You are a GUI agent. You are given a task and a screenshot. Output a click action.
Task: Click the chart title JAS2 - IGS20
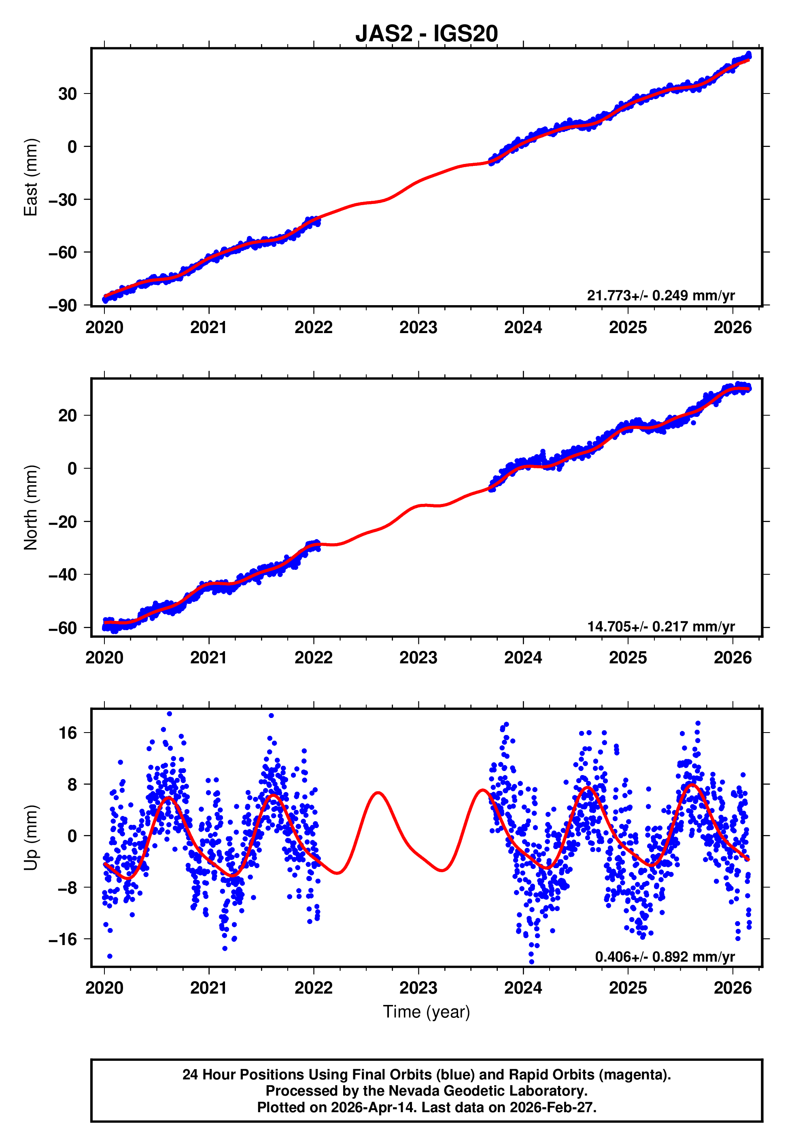pyautogui.click(x=427, y=34)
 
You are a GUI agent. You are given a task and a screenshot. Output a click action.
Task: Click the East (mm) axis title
pyautogui.click(x=31, y=177)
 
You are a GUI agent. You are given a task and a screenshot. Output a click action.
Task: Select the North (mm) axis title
pyautogui.click(x=31, y=508)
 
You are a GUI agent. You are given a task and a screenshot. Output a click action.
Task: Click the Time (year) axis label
pyautogui.click(x=427, y=1012)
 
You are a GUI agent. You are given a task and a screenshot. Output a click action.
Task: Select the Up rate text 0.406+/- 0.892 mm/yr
pyautogui.click(x=664, y=956)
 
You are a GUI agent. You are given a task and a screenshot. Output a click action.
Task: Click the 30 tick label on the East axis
pyautogui.click(x=68, y=94)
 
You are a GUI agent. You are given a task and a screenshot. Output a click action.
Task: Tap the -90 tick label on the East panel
pyautogui.click(x=63, y=306)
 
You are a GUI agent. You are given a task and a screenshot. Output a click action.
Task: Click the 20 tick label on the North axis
pyautogui.click(x=68, y=415)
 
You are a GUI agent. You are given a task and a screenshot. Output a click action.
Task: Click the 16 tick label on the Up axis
pyautogui.click(x=68, y=733)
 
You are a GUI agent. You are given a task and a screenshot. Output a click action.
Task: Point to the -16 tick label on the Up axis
pyautogui.click(x=63, y=939)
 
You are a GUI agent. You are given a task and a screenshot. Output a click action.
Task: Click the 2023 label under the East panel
pyautogui.click(x=418, y=328)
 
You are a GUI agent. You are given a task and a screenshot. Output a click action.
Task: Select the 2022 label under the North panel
pyautogui.click(x=313, y=658)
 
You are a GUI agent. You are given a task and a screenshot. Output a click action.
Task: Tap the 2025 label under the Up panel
pyautogui.click(x=628, y=988)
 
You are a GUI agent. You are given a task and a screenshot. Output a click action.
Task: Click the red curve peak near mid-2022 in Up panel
pyautogui.click(x=378, y=792)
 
